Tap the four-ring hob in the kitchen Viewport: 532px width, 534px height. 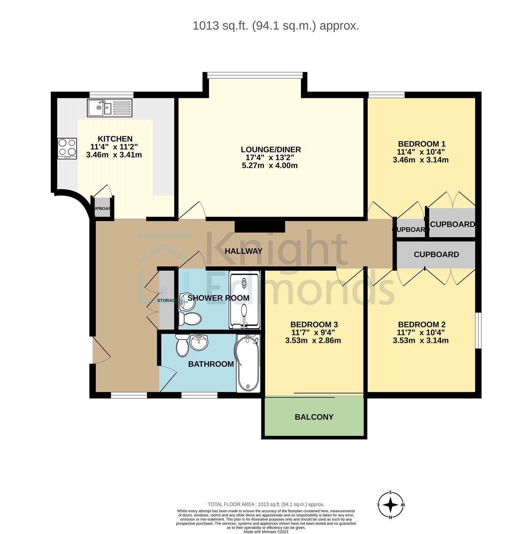click(x=67, y=148)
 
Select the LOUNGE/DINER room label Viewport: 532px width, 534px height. click(x=271, y=150)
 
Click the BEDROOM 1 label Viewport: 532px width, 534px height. click(x=422, y=144)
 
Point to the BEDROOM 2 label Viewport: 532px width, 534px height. click(x=422, y=324)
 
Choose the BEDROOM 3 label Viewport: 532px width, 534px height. click(x=314, y=324)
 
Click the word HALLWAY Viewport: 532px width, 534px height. click(x=243, y=251)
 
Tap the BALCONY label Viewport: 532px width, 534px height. click(x=314, y=417)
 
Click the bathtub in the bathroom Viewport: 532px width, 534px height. click(x=248, y=363)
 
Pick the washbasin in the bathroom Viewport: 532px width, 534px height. click(x=199, y=342)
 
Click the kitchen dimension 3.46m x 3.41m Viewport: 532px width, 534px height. click(x=114, y=155)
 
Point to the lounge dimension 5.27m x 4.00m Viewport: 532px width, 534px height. click(x=270, y=166)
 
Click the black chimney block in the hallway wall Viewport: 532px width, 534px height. click(x=260, y=226)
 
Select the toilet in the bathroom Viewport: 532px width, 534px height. click(x=182, y=345)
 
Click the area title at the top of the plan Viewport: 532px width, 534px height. click(x=276, y=26)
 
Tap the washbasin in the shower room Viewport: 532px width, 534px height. click(x=185, y=301)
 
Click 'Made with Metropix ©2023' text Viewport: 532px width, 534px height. click(x=266, y=532)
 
